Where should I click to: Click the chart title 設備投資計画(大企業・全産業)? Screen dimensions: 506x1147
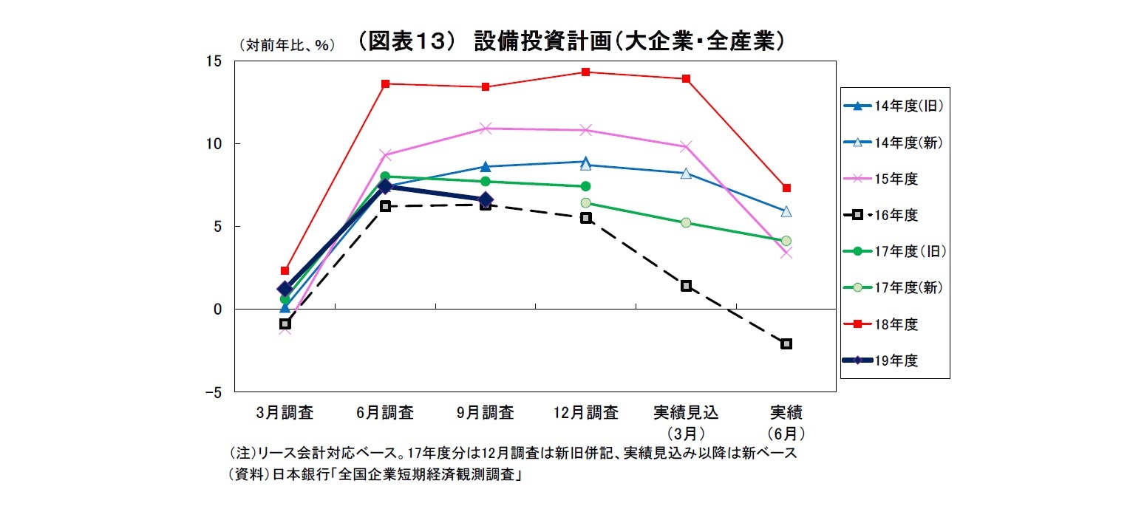(569, 42)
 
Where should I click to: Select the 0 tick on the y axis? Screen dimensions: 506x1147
(217, 310)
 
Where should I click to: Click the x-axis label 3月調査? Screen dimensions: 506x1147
(285, 413)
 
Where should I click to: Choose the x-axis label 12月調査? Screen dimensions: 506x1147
(585, 413)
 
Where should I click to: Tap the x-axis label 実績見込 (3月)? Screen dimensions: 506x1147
(686, 422)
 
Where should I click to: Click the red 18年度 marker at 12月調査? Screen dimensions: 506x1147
(585, 72)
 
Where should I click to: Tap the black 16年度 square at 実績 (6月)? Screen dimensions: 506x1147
(786, 343)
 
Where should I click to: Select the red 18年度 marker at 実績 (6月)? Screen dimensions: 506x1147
(786, 188)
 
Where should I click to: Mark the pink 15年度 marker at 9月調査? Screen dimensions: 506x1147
(486, 129)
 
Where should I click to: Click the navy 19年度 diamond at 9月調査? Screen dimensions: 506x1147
(486, 199)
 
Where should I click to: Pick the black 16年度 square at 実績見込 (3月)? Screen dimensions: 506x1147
(686, 286)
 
